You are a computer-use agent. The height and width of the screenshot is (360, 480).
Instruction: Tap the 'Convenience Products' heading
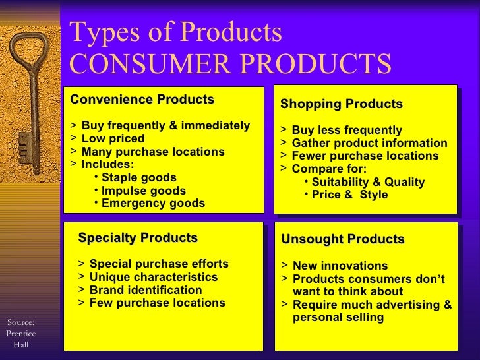(x=142, y=100)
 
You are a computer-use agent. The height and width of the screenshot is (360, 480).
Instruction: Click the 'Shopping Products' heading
(x=341, y=104)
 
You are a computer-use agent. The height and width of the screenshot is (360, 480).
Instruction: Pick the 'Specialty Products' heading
(x=137, y=238)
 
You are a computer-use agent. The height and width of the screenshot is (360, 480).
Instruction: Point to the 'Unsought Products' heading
(x=342, y=239)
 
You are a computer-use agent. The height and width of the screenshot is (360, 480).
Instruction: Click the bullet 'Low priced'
(x=113, y=138)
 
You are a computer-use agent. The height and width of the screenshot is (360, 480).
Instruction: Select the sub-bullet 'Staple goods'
(x=138, y=177)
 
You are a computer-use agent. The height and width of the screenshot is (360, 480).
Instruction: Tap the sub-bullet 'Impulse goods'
(x=143, y=191)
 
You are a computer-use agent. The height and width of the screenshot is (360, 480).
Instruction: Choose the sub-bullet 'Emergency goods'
(x=152, y=204)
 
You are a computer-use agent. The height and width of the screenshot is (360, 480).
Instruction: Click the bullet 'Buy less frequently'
(x=346, y=130)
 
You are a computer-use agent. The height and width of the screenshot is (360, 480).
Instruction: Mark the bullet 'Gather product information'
(x=369, y=143)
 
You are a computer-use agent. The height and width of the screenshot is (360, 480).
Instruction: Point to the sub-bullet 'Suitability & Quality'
(x=367, y=182)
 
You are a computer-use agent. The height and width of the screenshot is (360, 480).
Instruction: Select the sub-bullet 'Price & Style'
(x=349, y=195)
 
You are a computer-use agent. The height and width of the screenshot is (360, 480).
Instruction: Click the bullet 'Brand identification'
(x=146, y=290)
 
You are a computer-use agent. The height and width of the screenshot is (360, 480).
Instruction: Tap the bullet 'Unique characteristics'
(x=153, y=277)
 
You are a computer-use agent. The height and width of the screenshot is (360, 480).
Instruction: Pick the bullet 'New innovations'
(x=340, y=266)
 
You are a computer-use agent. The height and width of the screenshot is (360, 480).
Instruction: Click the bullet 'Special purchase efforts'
(x=158, y=264)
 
